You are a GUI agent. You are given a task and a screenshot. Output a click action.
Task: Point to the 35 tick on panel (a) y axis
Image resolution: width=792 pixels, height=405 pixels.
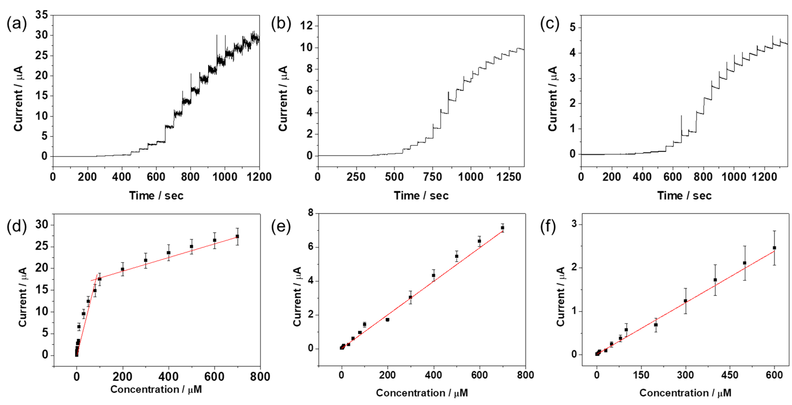tap(41, 15)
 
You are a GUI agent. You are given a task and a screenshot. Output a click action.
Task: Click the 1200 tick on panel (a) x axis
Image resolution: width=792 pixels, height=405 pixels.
tap(259, 177)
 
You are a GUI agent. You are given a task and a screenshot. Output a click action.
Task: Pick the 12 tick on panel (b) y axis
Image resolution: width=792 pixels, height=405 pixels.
tap(306, 26)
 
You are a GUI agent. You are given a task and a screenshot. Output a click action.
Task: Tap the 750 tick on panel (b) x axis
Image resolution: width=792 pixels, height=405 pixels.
tap(433, 177)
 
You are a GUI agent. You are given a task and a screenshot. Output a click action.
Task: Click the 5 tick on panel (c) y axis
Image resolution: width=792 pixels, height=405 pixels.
tap(572, 28)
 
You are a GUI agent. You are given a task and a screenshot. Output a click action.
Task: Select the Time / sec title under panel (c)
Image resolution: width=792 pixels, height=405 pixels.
tap(684, 196)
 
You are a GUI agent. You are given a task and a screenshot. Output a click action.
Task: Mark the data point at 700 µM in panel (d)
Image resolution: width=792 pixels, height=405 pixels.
tap(237, 236)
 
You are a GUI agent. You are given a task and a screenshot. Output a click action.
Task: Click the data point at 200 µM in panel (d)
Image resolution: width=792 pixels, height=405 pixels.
tap(122, 269)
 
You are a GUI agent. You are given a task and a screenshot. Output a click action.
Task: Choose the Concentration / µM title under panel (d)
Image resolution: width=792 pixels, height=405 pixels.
tap(156, 389)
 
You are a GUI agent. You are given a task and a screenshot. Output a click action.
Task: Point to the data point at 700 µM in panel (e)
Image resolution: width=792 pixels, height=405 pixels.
tap(502, 228)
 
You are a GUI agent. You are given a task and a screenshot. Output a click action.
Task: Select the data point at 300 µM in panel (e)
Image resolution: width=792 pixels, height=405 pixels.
tap(410, 297)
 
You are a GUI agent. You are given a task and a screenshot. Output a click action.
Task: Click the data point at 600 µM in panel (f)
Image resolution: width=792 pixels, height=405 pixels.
tap(774, 248)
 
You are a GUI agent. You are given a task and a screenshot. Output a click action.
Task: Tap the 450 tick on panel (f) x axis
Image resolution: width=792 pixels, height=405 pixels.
tap(730, 375)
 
